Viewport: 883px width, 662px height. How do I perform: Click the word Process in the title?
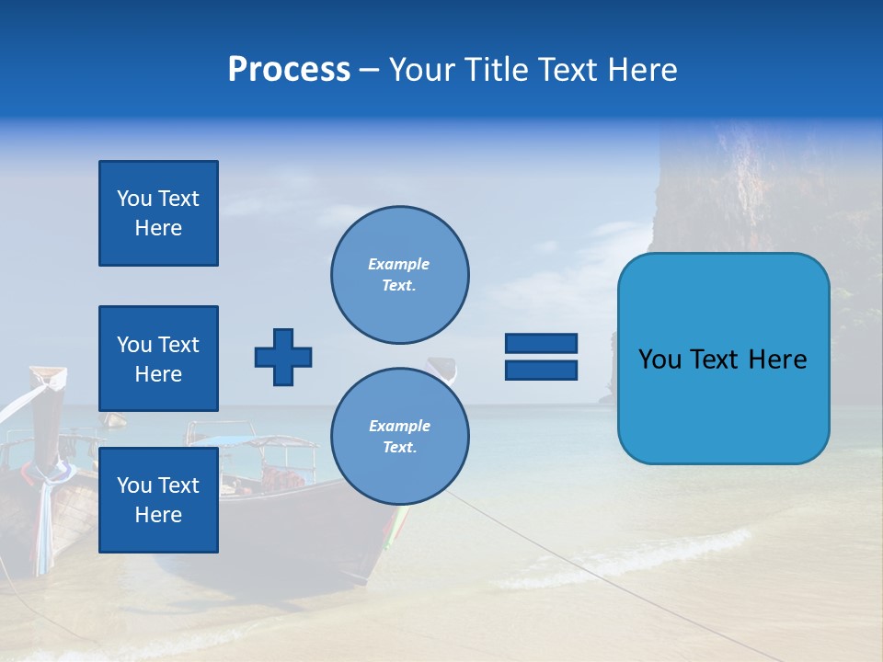289,70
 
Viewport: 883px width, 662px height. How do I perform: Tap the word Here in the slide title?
642,70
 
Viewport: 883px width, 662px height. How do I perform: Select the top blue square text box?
158,213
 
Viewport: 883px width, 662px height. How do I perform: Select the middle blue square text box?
158,359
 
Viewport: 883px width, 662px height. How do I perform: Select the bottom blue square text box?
158,499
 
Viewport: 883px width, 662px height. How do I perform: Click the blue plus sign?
283,357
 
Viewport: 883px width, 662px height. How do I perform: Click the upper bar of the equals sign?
541,344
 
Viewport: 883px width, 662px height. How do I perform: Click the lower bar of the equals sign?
541,370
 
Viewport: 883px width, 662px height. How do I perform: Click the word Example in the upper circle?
399,264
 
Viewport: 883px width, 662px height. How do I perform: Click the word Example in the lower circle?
399,426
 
